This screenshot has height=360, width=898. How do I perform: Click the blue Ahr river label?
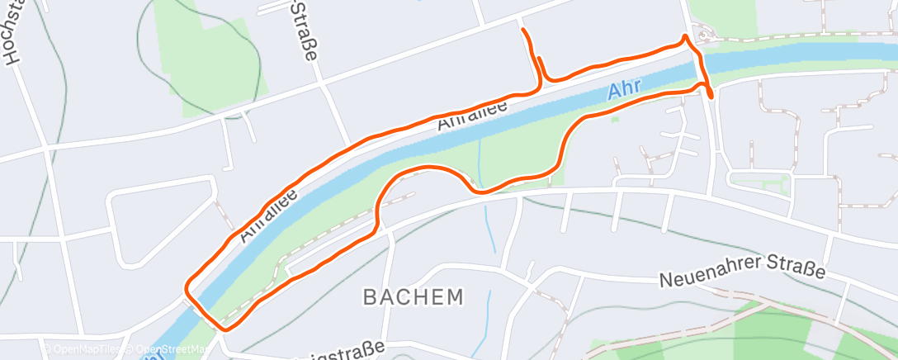point(624,90)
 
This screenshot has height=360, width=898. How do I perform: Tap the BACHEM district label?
point(412,297)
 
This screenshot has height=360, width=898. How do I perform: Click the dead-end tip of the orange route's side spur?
point(523,31)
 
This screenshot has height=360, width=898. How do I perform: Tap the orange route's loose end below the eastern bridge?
point(711,97)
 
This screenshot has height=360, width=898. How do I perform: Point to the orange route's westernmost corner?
point(187,288)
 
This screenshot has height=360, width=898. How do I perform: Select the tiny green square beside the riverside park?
point(615,119)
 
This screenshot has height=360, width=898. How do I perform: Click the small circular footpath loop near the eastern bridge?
point(702,36)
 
